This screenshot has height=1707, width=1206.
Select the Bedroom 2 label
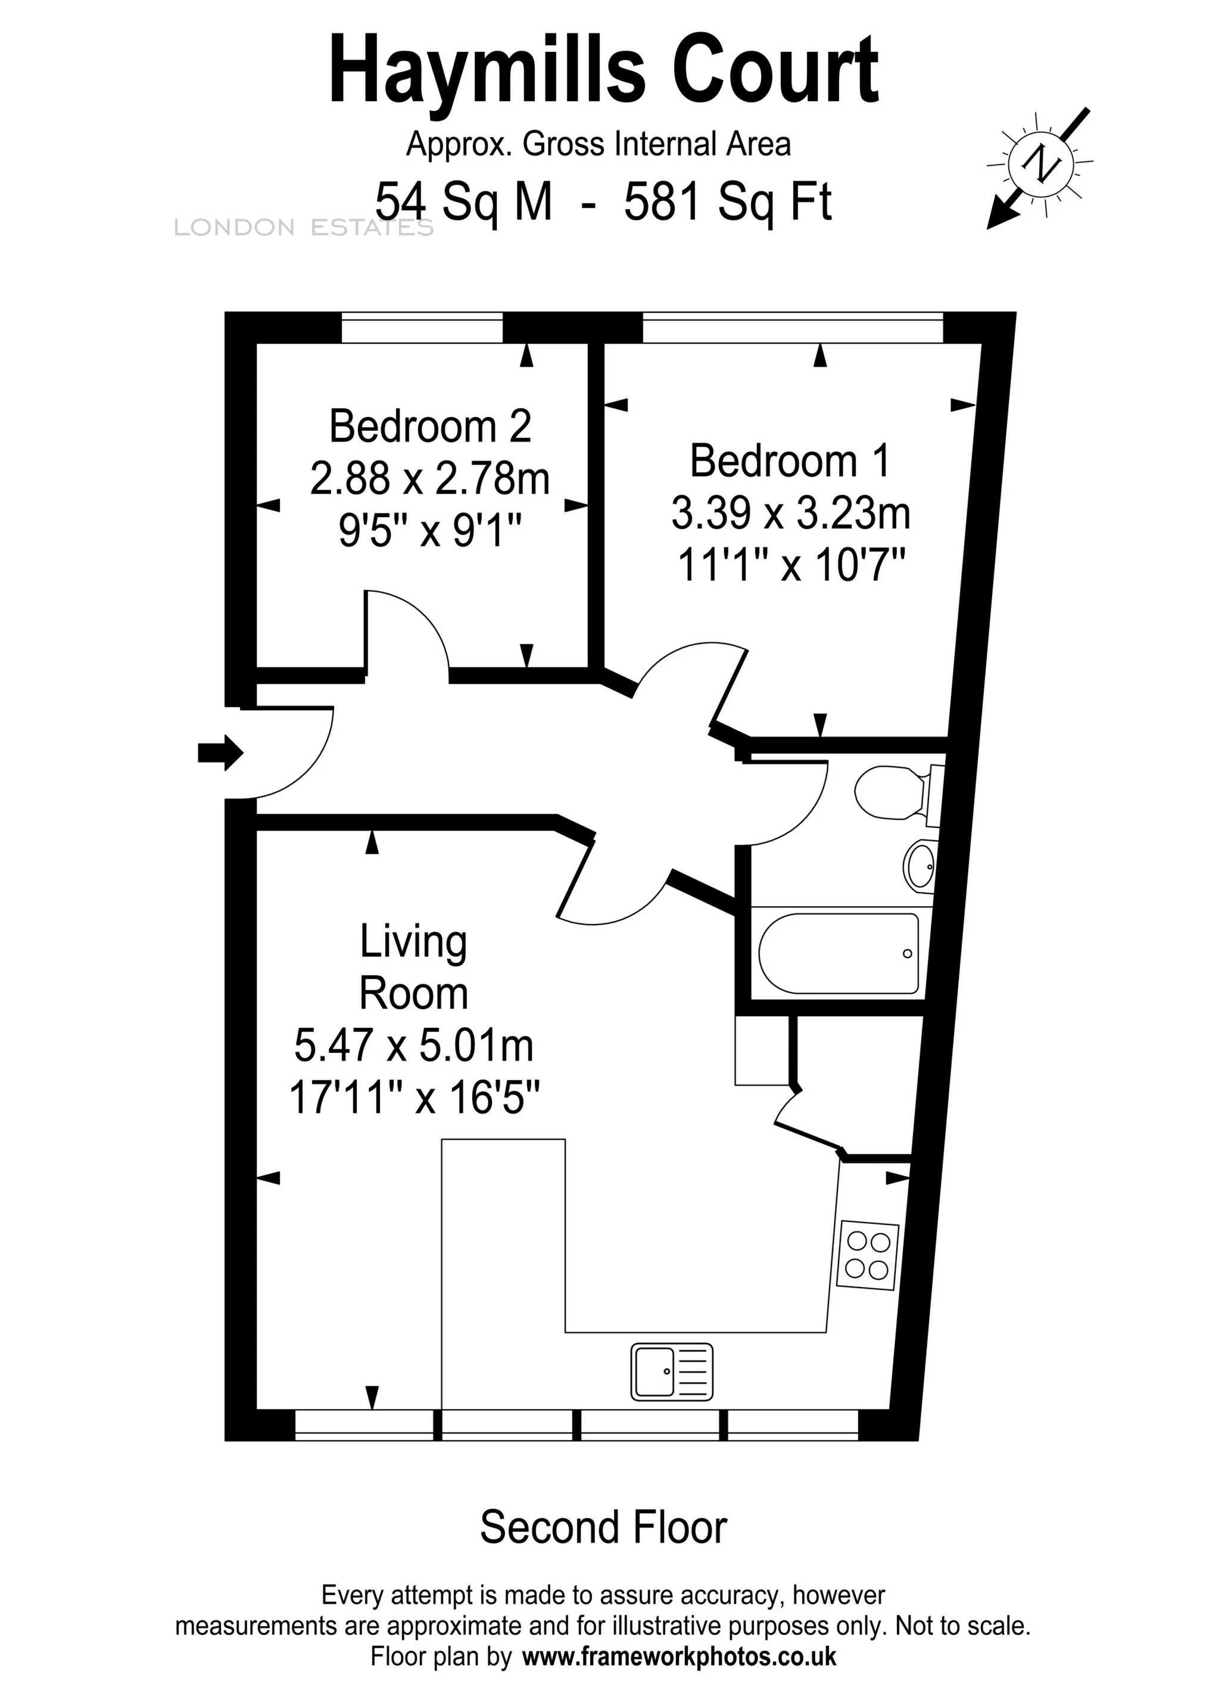coord(430,426)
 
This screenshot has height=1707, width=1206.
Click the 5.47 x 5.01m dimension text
coord(414,1045)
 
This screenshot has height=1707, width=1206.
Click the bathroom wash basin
coord(920,865)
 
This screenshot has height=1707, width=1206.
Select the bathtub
coord(838,953)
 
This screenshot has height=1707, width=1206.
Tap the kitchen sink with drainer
coord(672,1372)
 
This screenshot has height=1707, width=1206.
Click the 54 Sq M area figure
coord(465,201)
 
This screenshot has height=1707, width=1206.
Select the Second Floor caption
coord(603,1527)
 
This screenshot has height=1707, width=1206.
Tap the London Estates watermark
coord(303,228)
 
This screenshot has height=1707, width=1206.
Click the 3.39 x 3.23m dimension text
coord(791,514)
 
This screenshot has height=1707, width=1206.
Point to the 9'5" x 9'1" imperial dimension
coord(430,531)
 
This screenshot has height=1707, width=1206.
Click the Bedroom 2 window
coord(422,328)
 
